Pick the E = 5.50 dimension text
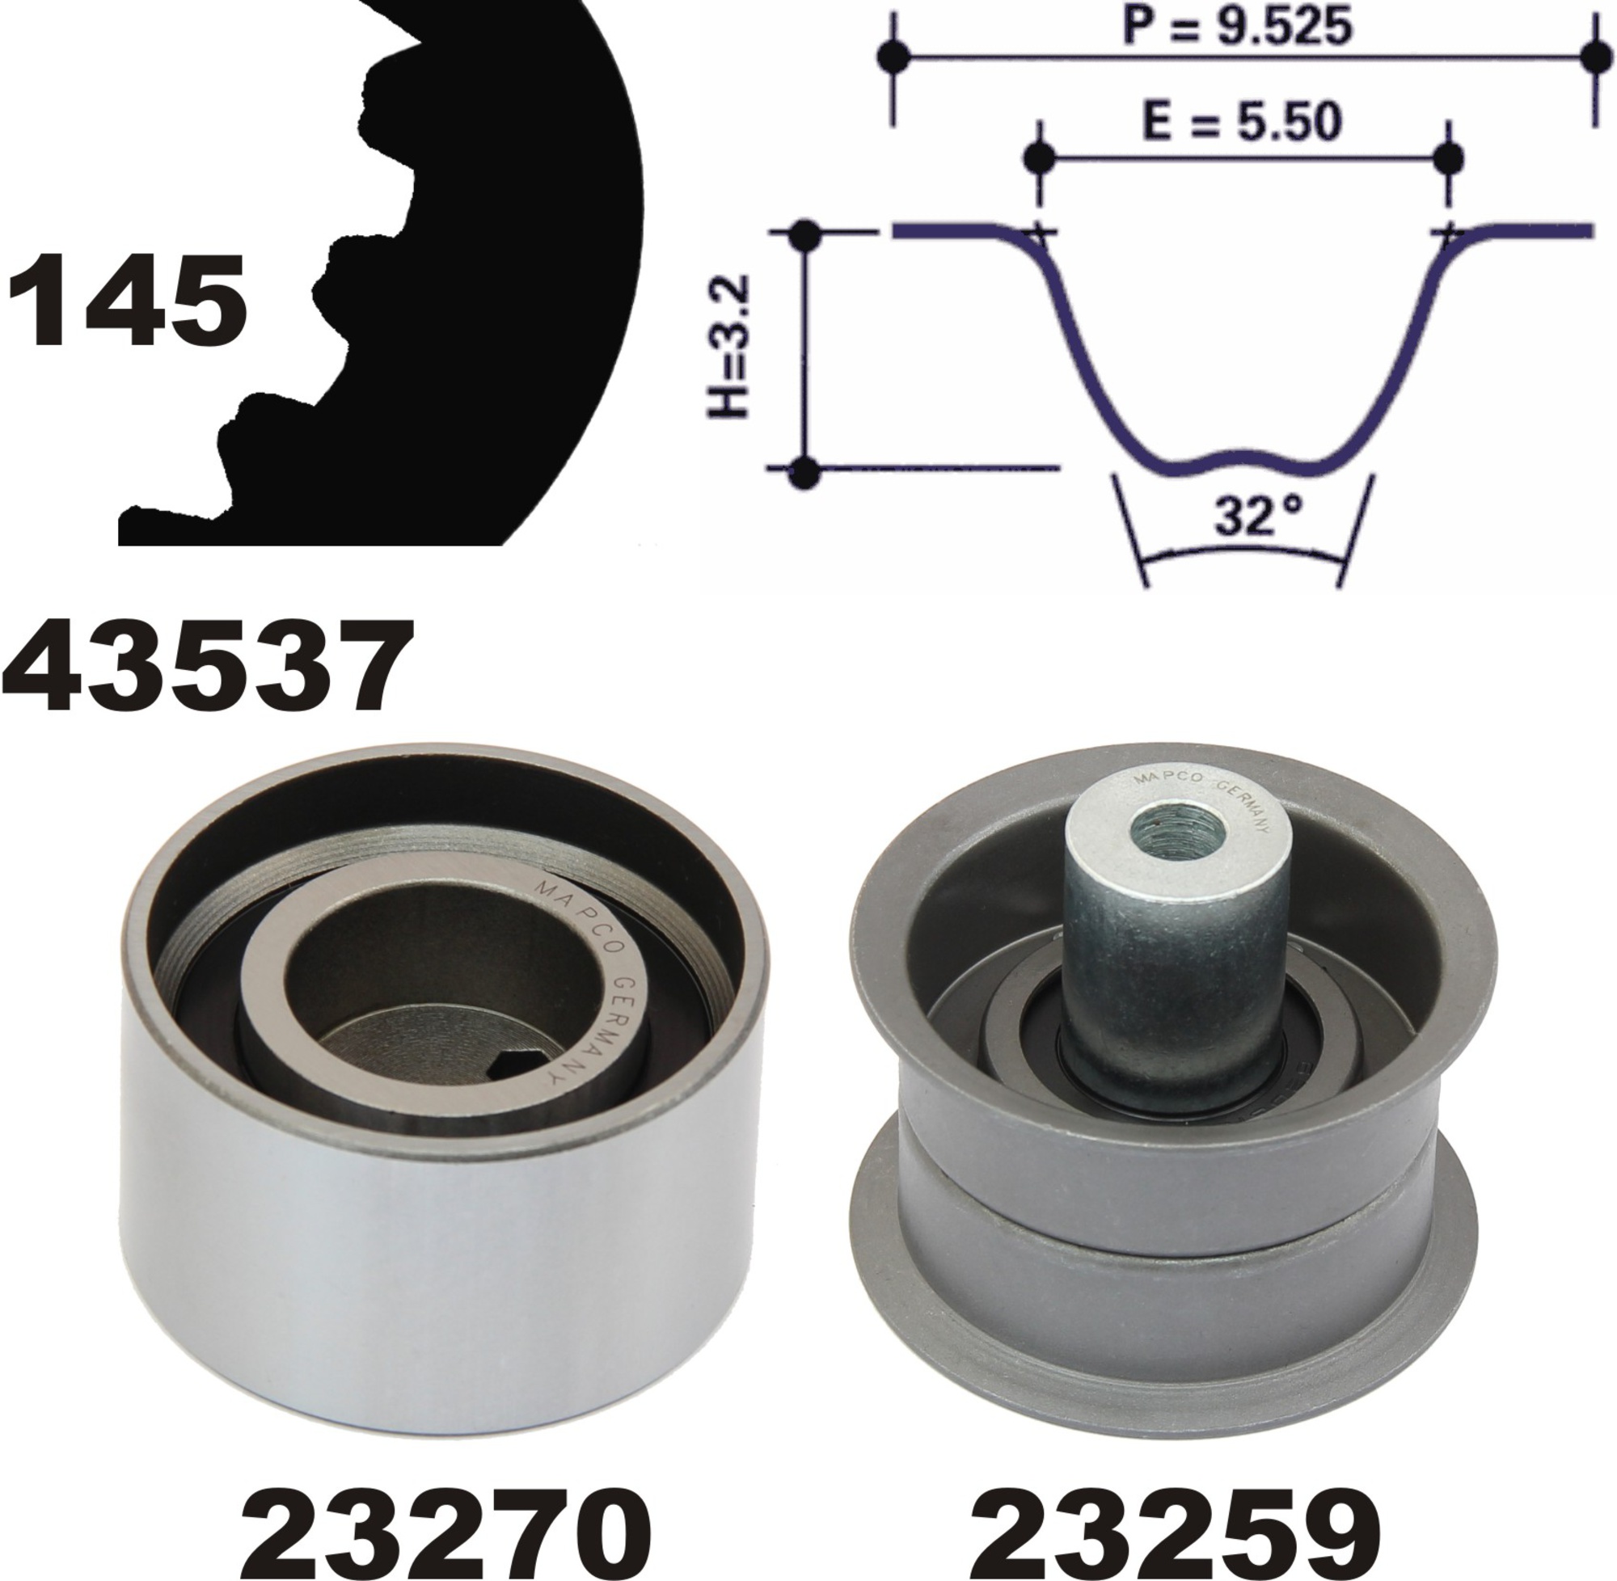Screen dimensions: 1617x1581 pos(1243,121)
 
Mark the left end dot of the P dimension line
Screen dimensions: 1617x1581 pos(893,57)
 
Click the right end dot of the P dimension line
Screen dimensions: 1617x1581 pos(1594,57)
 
